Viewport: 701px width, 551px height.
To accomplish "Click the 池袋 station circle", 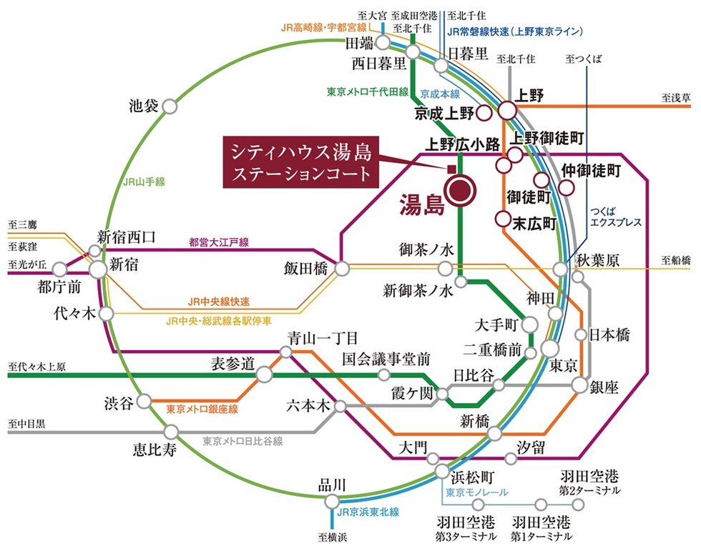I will tap(170, 106).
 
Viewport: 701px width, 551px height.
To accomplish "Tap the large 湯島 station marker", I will tap(459, 190).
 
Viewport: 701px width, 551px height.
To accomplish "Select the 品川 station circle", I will tap(331, 502).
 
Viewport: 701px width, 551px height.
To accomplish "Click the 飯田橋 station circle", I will tap(343, 268).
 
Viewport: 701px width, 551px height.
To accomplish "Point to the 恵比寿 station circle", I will tap(171, 432).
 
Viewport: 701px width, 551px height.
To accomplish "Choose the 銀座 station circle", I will tap(579, 384).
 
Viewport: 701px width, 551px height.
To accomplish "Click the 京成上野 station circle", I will tap(484, 113).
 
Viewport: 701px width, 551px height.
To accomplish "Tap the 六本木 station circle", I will tap(340, 406).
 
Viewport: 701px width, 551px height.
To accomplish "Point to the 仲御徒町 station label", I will tap(591, 170).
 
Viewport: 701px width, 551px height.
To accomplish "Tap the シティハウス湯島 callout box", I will tap(300, 162).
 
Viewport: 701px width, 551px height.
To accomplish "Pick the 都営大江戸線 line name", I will tap(218, 243).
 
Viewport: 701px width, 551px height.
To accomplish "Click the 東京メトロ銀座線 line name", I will tap(202, 410).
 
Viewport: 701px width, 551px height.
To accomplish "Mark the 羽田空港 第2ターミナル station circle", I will tap(579, 504).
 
